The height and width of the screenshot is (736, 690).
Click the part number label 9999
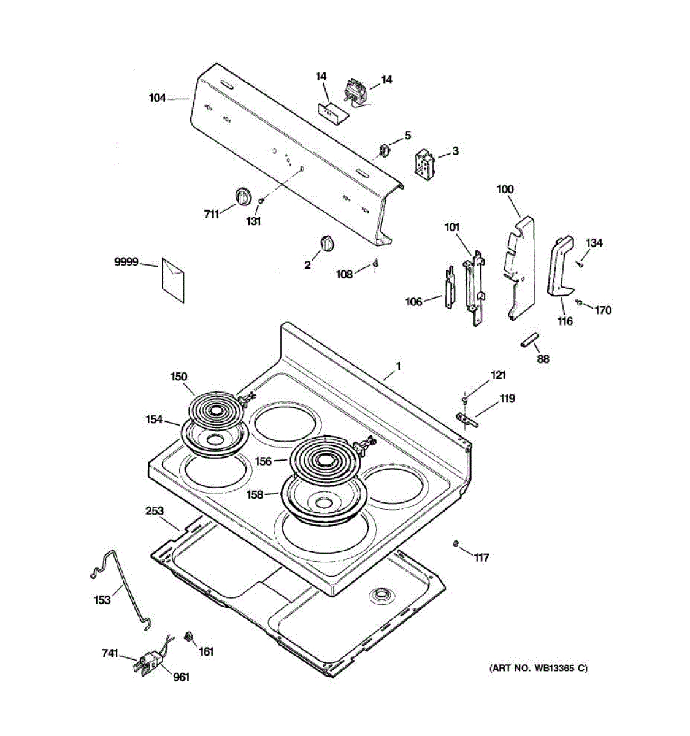point(126,263)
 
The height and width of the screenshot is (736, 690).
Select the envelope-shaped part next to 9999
point(172,280)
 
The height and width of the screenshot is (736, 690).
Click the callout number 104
point(158,98)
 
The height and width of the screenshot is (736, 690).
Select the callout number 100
point(505,190)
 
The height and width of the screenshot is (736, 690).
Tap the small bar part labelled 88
point(529,340)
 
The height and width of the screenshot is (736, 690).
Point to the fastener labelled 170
point(579,302)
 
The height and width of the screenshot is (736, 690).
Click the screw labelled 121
point(466,399)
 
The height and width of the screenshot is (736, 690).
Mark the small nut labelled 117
point(456,543)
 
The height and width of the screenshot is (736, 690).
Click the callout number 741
point(110,654)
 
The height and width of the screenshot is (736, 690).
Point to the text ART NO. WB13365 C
point(538,669)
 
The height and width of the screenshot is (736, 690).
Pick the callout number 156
point(263,461)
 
